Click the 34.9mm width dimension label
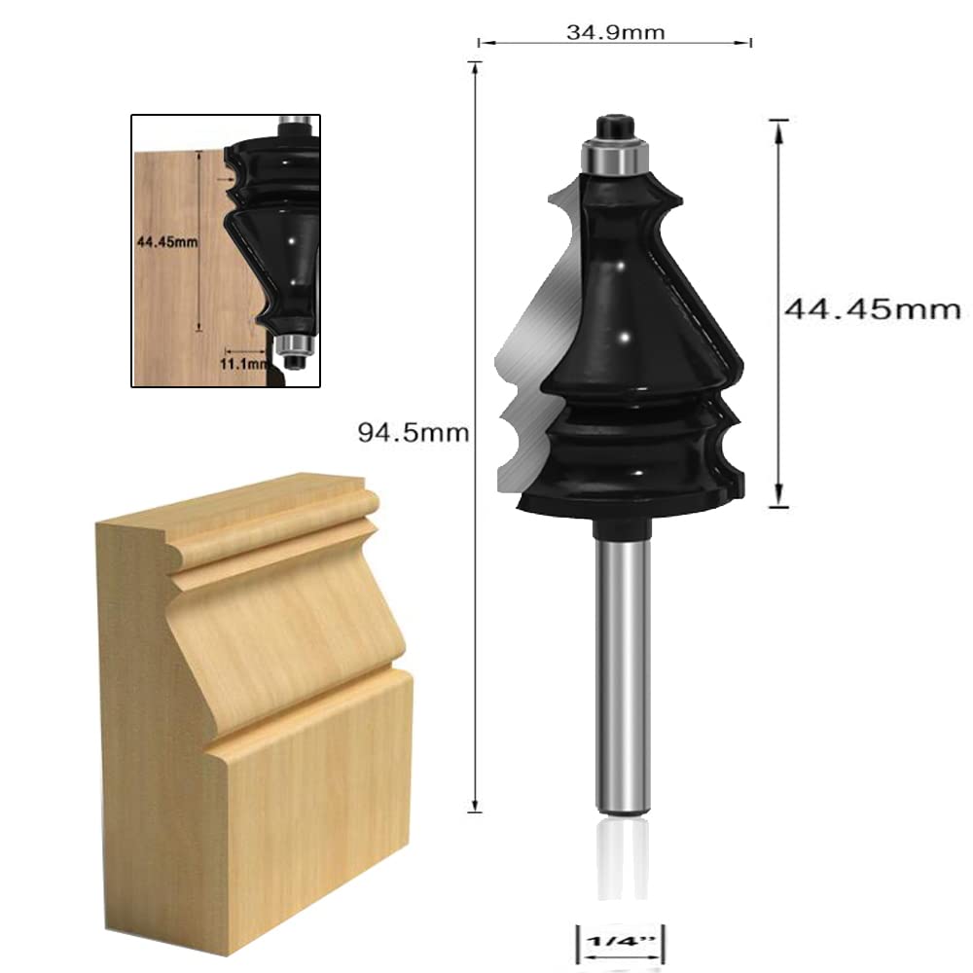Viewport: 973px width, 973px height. [x=615, y=32]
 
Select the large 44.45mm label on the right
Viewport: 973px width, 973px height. [x=872, y=309]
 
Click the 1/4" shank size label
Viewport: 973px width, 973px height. [x=616, y=943]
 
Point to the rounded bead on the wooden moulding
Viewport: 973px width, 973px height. [x=272, y=516]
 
